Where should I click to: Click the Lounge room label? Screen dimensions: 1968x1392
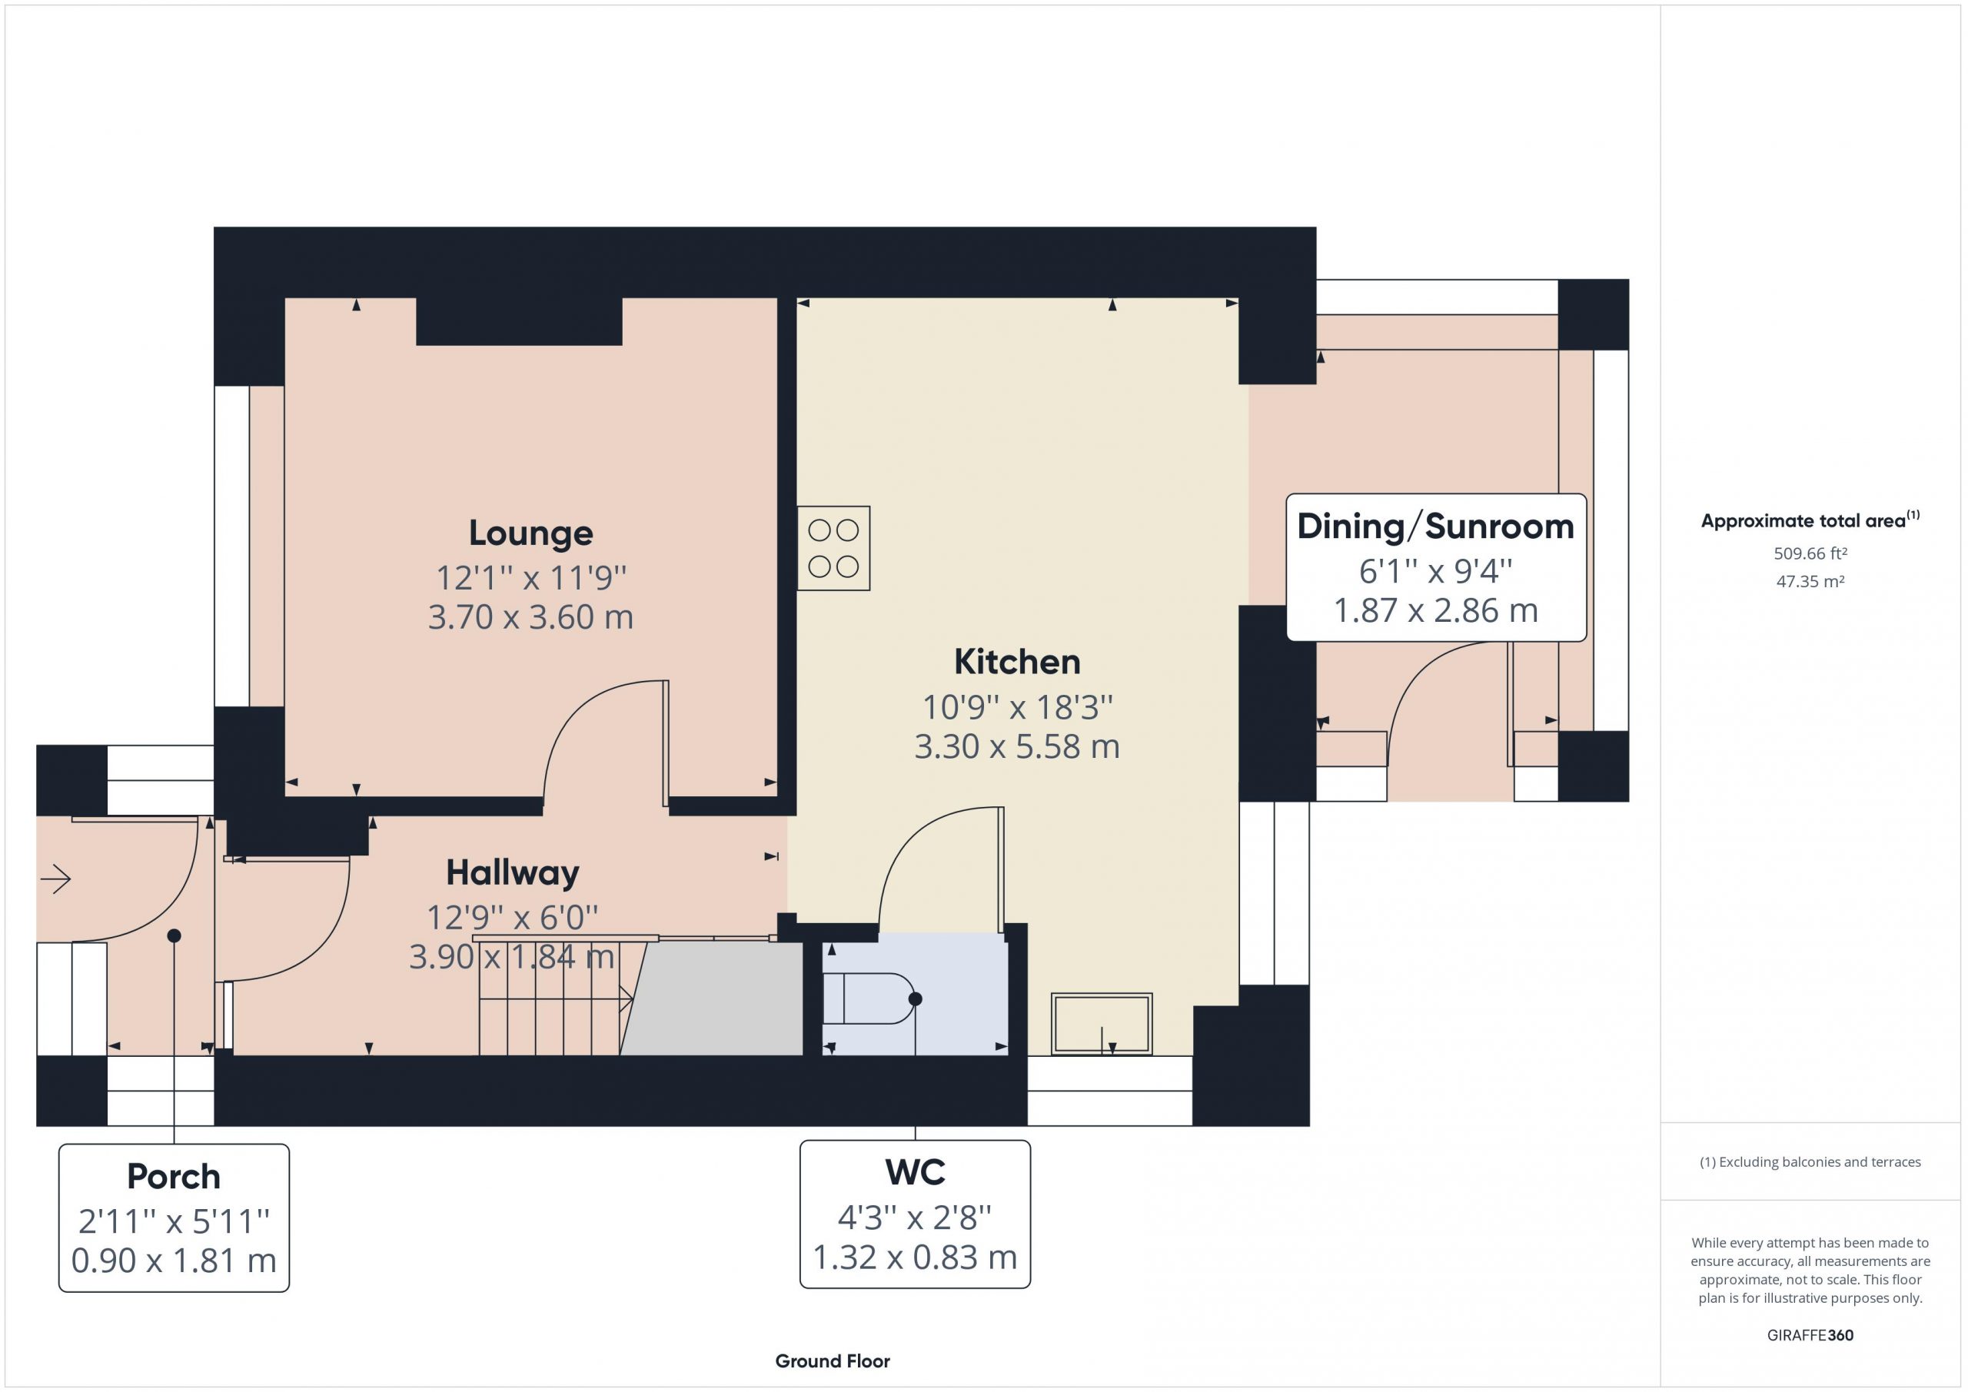point(530,533)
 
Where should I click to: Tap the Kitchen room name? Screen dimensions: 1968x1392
point(1016,662)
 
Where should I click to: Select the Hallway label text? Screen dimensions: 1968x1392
point(513,873)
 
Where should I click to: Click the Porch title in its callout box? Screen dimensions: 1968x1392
point(174,1177)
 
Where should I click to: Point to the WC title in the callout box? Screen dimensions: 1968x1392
point(916,1173)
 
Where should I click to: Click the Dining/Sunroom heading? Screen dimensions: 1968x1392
point(1436,527)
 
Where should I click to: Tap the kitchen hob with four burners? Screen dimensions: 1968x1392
point(833,548)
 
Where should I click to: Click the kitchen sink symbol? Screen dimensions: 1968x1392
point(1102,1023)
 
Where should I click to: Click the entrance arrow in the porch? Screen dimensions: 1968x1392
point(55,879)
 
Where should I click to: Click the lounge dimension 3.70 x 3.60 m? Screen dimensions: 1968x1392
point(530,617)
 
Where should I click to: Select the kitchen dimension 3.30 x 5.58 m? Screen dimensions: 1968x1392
point(1016,746)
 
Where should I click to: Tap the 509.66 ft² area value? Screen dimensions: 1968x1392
point(1810,553)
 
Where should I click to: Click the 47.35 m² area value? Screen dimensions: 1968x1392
point(1810,581)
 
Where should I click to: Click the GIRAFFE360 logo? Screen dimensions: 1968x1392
point(1810,1335)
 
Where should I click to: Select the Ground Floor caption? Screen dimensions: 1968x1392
point(833,1361)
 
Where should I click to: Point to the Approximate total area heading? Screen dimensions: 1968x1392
point(1810,520)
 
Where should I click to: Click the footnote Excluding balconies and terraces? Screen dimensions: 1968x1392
point(1810,1162)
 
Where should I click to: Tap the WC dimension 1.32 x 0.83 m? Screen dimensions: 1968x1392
point(915,1257)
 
